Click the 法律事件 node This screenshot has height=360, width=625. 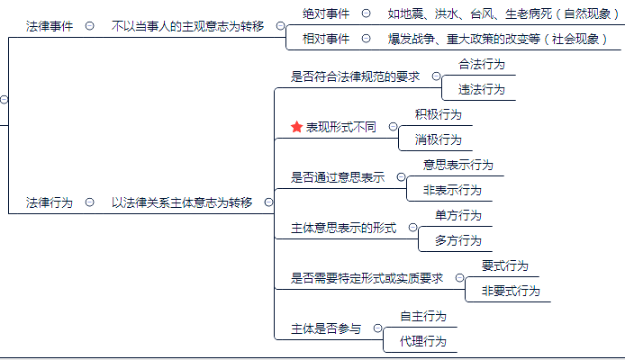click(50, 26)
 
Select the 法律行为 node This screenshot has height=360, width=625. click(50, 202)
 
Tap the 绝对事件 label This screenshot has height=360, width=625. click(326, 13)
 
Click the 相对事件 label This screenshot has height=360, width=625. click(326, 39)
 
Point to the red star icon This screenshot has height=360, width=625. click(296, 128)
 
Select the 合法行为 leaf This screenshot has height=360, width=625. click(482, 65)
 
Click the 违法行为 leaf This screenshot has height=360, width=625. click(482, 89)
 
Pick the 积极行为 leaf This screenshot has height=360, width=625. click(439, 114)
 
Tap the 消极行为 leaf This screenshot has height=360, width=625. click(439, 139)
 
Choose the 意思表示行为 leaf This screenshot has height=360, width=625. click(458, 165)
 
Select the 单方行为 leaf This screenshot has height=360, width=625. click(458, 215)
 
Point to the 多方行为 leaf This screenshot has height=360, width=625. click(458, 240)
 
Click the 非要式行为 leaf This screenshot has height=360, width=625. click(511, 291)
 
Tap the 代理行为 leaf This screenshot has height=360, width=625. click(423, 341)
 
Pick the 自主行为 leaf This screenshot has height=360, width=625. click(423, 316)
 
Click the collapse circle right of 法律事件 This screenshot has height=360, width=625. click(89, 26)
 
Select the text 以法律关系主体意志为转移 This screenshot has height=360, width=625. click(182, 202)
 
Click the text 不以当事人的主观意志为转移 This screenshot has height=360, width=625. click(188, 26)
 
